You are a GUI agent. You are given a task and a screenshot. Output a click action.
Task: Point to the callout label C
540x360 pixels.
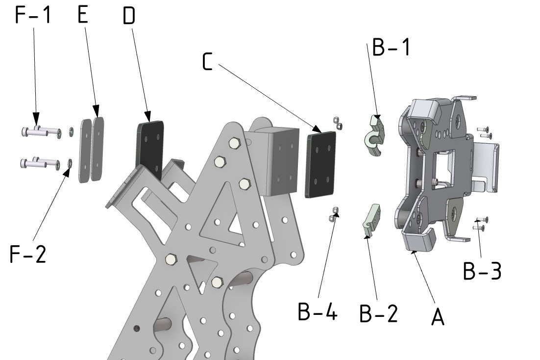click(208, 63)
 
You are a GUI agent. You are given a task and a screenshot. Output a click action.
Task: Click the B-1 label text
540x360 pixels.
click(391, 48)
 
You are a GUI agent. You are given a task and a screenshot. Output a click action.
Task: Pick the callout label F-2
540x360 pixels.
click(28, 255)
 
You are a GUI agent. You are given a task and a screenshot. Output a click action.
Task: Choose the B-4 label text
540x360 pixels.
click(318, 311)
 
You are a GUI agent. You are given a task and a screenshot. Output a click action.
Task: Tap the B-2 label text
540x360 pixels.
click(378, 314)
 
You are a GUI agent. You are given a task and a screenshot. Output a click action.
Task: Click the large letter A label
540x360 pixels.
click(438, 317)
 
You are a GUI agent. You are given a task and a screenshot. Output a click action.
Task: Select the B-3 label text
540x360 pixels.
click(482, 271)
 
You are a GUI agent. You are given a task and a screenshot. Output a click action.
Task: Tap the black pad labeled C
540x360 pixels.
click(321, 164)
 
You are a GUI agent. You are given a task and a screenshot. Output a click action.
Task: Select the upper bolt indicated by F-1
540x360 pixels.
click(42, 131)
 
